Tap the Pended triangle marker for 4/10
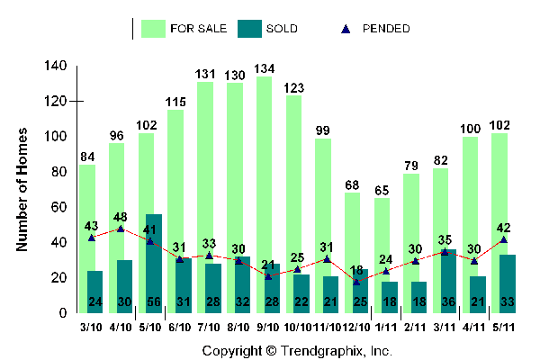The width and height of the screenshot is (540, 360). click(x=121, y=229)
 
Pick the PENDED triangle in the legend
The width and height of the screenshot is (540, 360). click(x=346, y=28)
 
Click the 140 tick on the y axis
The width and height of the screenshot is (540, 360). click(x=57, y=67)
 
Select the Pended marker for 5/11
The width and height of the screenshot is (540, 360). click(x=503, y=239)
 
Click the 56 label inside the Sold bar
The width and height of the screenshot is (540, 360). click(x=153, y=301)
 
